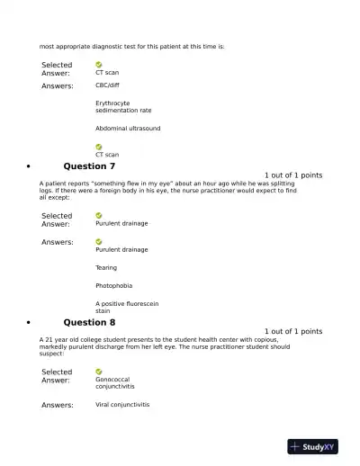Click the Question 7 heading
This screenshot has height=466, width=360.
(x=89, y=166)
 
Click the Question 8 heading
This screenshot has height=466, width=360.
(x=89, y=322)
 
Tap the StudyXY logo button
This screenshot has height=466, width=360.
(x=312, y=446)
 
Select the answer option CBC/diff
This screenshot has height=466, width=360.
(x=107, y=85)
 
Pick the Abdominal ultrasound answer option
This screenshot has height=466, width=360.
(x=128, y=129)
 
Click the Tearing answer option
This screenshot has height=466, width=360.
(x=107, y=267)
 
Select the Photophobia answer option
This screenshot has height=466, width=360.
(x=113, y=285)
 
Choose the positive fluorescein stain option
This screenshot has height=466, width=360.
(x=127, y=307)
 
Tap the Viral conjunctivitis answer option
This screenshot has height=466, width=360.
(x=122, y=405)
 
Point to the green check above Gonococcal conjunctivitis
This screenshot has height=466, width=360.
(x=99, y=372)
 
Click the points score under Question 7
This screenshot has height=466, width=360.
(x=293, y=175)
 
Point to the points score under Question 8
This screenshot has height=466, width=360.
(x=293, y=331)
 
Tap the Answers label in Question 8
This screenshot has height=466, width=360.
(x=58, y=405)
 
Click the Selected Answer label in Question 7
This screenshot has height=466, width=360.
(x=57, y=220)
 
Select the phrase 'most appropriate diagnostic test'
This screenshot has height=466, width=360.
(x=90, y=46)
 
